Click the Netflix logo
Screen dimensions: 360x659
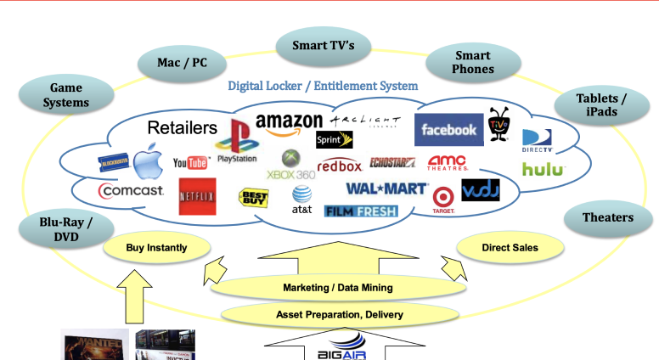pyautogui.click(x=197, y=196)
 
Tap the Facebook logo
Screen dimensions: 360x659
pyautogui.click(x=448, y=130)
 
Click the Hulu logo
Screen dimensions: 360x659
pyautogui.click(x=543, y=169)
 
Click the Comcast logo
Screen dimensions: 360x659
pyautogui.click(x=132, y=191)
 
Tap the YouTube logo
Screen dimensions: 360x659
pyautogui.click(x=191, y=162)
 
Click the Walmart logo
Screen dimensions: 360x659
pyautogui.click(x=386, y=188)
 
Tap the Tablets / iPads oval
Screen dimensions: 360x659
pyautogui.click(x=602, y=106)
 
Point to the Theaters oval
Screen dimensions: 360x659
pyautogui.click(x=607, y=218)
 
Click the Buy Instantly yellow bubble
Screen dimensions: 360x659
pyautogui.click(x=156, y=248)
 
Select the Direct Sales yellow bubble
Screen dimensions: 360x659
pyautogui.click(x=510, y=248)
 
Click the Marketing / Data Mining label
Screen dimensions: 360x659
pyautogui.click(x=337, y=288)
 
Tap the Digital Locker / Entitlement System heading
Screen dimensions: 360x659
pyautogui.click(x=323, y=86)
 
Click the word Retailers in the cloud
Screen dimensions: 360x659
pyautogui.click(x=183, y=128)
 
